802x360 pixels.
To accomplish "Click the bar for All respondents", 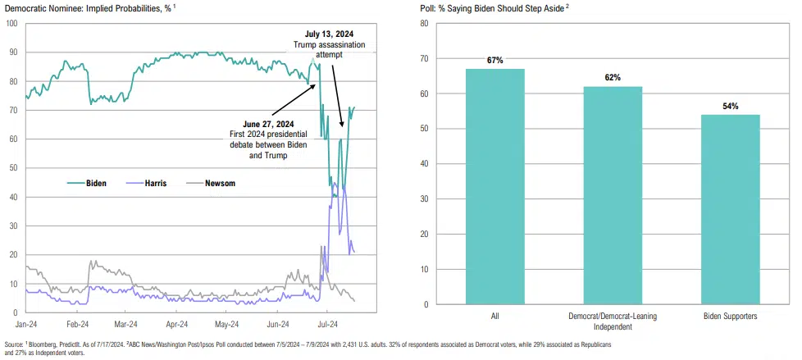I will click(x=495, y=186).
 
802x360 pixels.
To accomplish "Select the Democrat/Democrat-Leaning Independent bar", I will click(x=613, y=195).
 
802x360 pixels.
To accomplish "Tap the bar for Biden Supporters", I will click(x=731, y=209).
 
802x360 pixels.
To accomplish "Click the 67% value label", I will click(x=495, y=61).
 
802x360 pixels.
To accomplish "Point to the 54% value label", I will click(x=731, y=107).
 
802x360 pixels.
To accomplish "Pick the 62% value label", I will click(x=613, y=78).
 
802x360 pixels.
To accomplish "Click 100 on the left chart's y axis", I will click(x=12, y=23).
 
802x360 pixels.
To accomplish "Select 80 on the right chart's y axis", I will click(x=424, y=23).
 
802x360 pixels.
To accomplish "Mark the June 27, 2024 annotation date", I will click(x=256, y=125).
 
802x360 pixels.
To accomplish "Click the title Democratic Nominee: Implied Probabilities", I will click(x=98, y=7).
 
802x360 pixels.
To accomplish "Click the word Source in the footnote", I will click(x=16, y=344).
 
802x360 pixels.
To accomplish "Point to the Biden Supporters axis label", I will click(x=731, y=316).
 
